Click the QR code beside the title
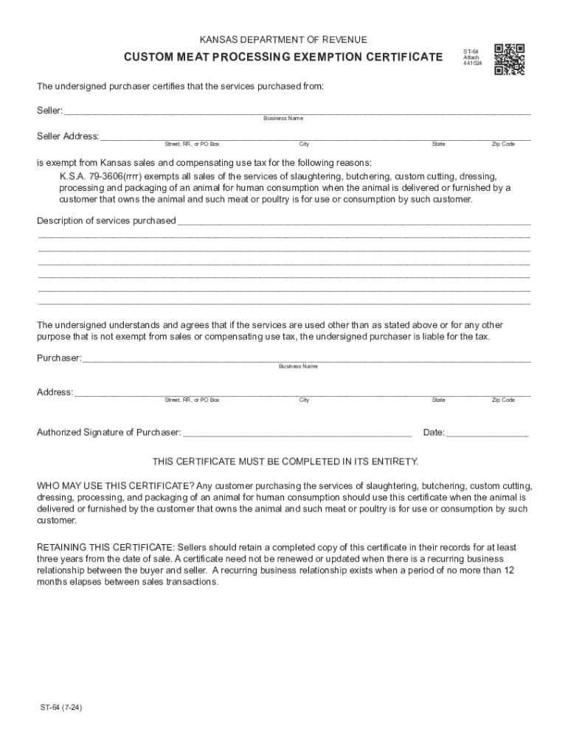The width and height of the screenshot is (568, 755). [509, 60]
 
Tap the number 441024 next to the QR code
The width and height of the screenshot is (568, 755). [471, 63]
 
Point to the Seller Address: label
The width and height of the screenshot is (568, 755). [68, 136]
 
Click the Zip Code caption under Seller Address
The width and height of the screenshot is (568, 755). [503, 144]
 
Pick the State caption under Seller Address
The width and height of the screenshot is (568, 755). [438, 144]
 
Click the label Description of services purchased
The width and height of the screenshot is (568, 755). [106, 220]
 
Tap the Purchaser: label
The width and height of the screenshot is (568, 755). [59, 358]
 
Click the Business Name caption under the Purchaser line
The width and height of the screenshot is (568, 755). [298, 366]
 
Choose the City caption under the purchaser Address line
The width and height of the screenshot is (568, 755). [304, 400]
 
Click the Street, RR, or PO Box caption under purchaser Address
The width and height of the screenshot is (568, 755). [192, 400]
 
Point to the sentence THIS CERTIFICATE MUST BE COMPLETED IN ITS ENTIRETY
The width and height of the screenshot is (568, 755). [285, 462]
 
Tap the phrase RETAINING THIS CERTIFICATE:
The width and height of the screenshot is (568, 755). [105, 547]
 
